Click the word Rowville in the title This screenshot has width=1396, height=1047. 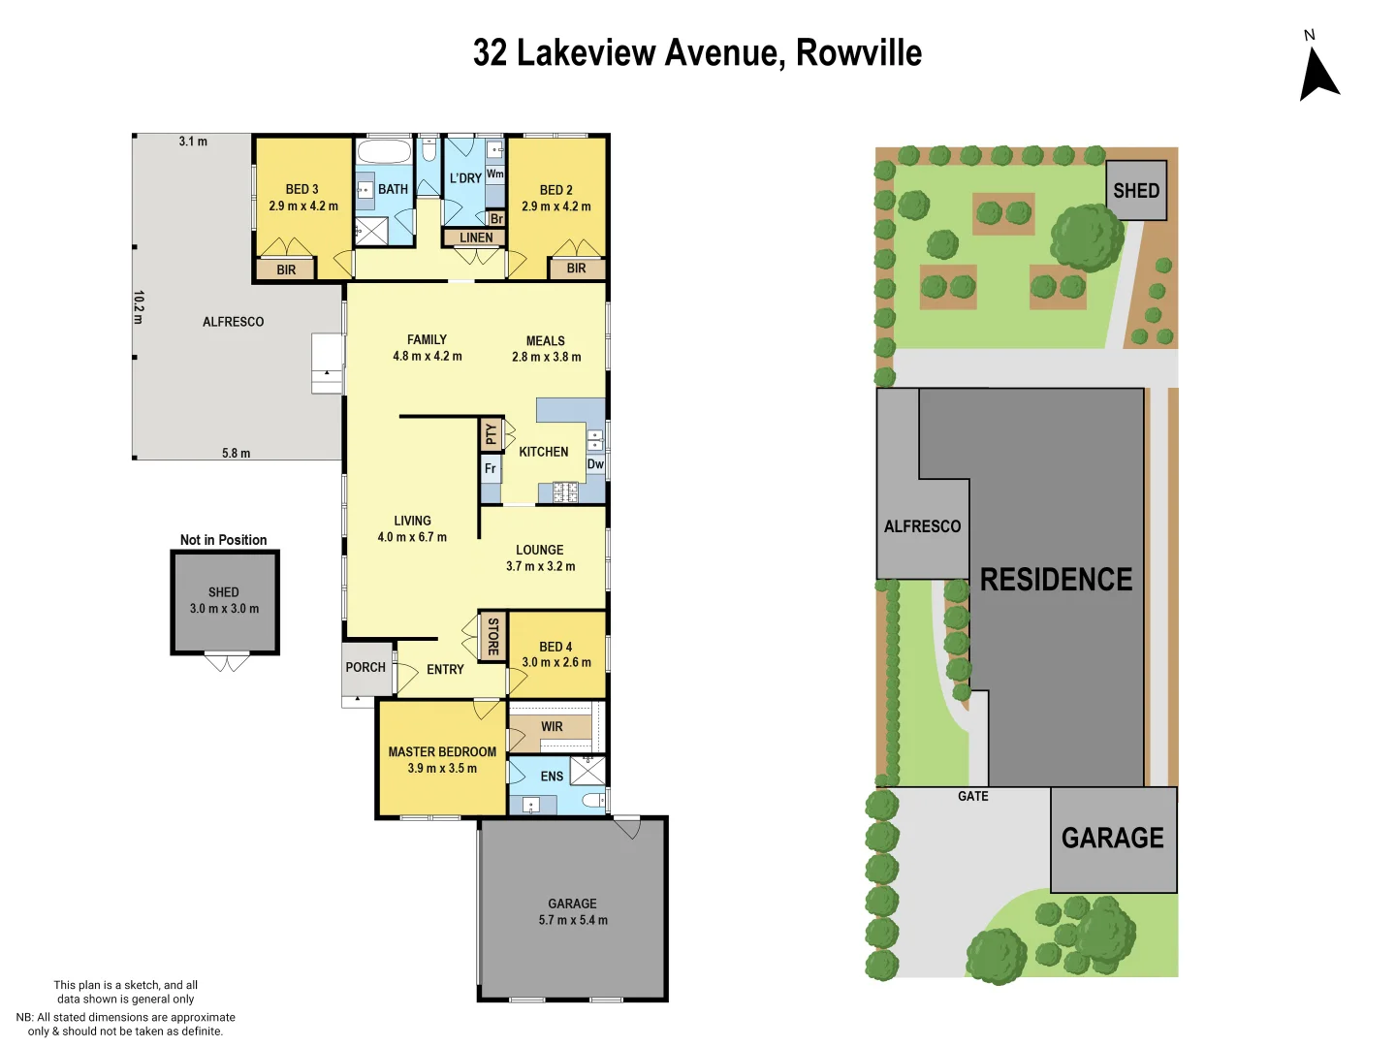858,52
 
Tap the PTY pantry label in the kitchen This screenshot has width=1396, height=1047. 491,434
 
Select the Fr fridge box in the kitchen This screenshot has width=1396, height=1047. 491,469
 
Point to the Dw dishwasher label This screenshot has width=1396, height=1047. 595,464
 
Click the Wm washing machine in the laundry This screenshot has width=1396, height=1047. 494,174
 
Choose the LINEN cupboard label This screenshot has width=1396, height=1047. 475,238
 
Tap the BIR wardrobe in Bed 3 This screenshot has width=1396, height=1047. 286,270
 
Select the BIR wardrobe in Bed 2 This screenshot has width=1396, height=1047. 576,269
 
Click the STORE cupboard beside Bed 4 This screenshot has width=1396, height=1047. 492,636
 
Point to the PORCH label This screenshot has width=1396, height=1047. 365,667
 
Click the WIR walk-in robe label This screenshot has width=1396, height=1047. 552,726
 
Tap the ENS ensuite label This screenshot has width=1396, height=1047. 552,777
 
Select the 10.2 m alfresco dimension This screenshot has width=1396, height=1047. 139,307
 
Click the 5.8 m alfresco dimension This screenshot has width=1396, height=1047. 236,453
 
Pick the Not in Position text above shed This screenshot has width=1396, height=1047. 223,540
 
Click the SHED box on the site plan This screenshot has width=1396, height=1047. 1135,191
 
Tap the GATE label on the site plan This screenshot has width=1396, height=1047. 972,796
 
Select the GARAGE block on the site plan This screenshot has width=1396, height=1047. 1113,839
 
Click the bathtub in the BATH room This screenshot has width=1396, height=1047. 384,152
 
